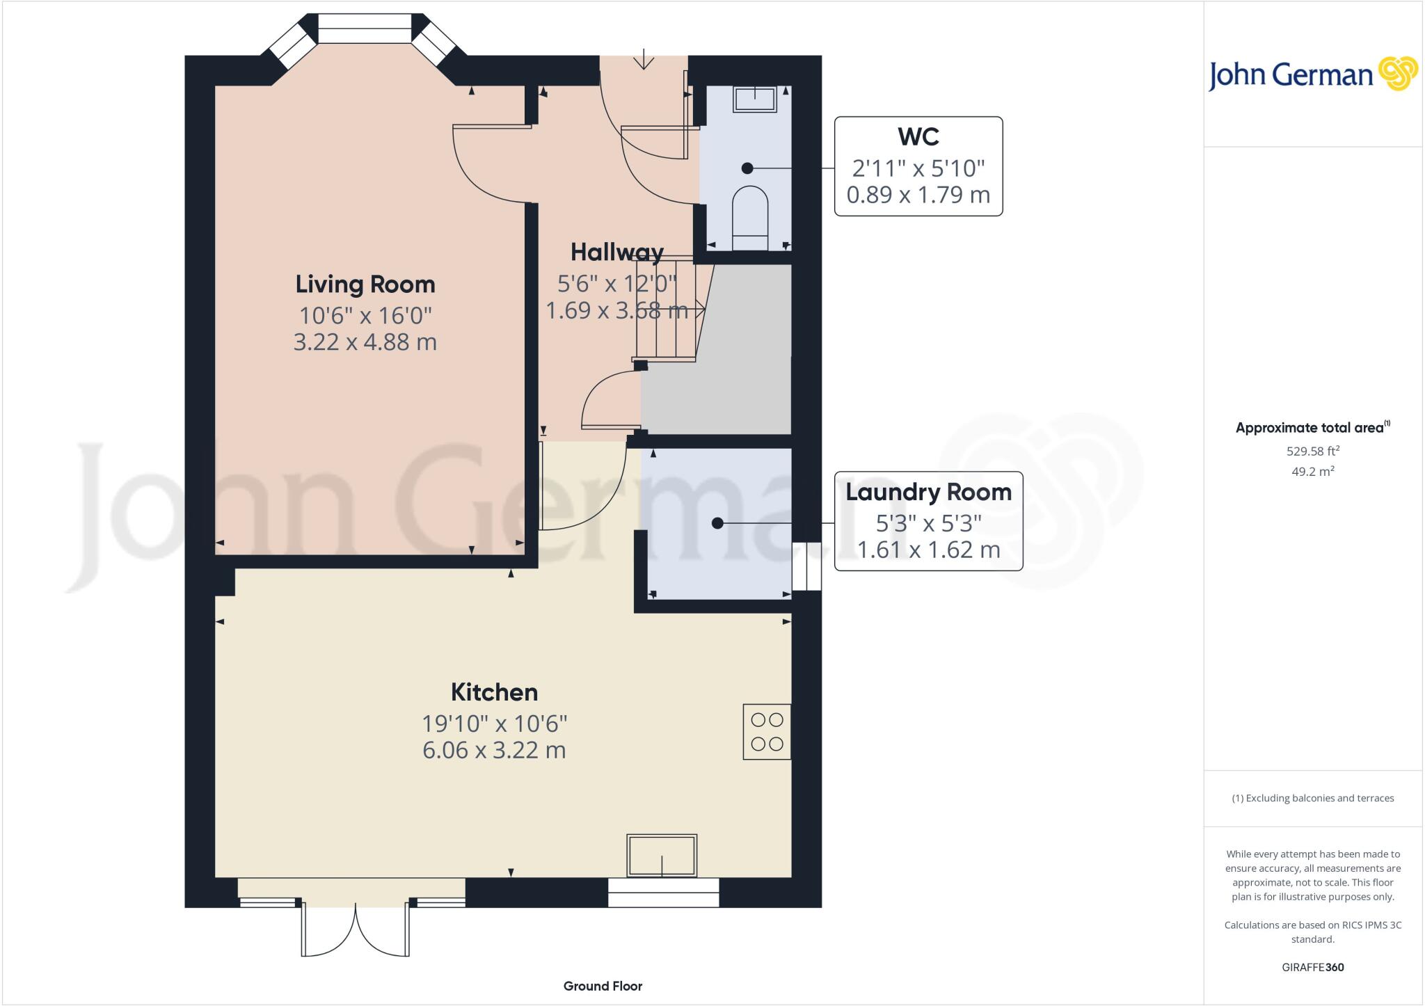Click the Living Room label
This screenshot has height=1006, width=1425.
click(365, 284)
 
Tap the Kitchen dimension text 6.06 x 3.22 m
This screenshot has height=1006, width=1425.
click(494, 750)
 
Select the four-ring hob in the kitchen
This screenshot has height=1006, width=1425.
click(767, 731)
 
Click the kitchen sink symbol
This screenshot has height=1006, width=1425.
click(661, 855)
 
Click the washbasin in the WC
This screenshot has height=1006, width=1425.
click(754, 99)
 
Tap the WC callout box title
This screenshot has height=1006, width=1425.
click(918, 137)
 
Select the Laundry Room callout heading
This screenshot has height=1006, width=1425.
click(928, 492)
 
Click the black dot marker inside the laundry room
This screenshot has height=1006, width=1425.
click(717, 523)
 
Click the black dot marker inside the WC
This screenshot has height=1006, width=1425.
click(747, 168)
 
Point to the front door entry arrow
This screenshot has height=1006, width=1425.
click(644, 59)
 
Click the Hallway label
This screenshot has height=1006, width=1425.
click(616, 252)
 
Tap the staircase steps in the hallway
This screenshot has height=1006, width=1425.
click(666, 310)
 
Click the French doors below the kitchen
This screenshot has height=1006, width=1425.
click(355, 929)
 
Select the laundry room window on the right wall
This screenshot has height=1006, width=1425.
click(806, 567)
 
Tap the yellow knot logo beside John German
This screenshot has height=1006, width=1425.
click(1397, 74)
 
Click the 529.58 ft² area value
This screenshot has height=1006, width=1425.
click(1312, 451)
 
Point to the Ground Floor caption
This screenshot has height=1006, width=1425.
click(603, 986)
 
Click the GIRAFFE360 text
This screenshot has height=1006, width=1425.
click(1312, 967)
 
